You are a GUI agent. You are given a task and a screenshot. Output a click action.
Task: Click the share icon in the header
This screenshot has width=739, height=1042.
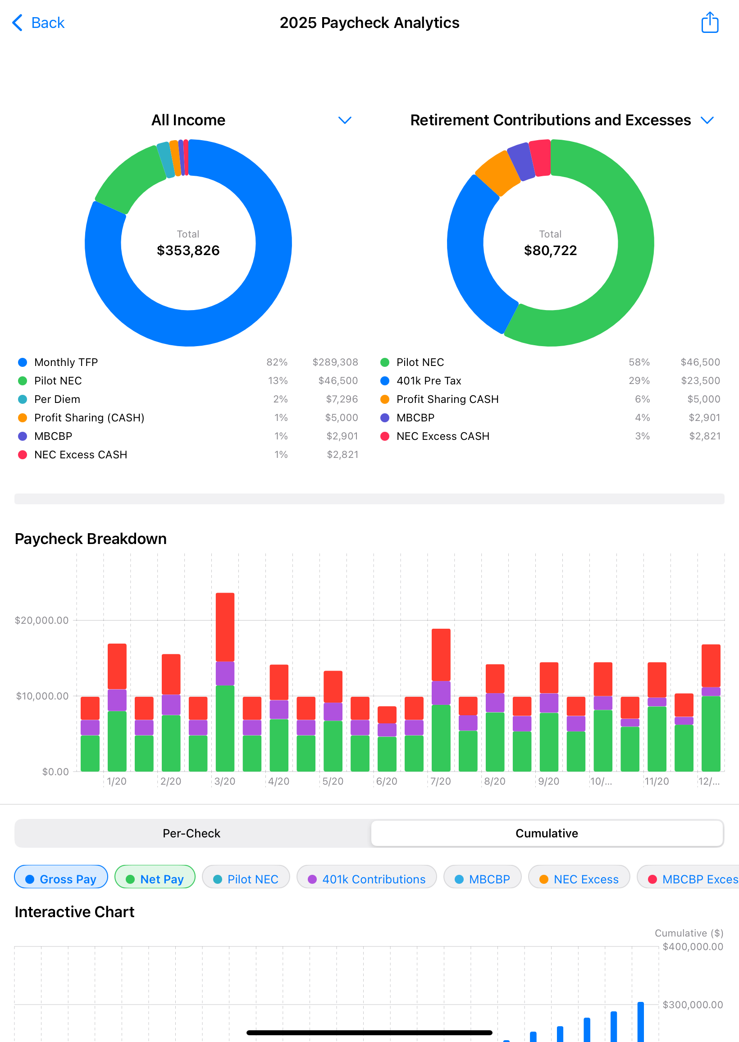(x=709, y=23)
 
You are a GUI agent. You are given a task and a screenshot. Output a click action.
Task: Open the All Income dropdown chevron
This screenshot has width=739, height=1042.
(x=345, y=120)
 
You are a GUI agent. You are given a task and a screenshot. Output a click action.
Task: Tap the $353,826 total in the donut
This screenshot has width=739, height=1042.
(x=188, y=250)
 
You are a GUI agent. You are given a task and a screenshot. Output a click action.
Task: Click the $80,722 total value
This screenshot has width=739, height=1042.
(x=550, y=250)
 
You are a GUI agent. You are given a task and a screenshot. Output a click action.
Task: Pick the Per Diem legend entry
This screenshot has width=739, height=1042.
(x=57, y=399)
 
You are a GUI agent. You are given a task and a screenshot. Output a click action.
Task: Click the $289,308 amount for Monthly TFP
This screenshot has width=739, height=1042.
(x=335, y=362)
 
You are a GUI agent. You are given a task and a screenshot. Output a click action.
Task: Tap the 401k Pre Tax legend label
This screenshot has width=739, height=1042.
(x=429, y=381)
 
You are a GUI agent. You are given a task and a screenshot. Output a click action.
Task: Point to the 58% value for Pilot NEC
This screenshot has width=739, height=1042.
(x=639, y=362)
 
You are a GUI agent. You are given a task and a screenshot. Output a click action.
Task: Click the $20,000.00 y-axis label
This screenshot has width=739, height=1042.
(x=42, y=620)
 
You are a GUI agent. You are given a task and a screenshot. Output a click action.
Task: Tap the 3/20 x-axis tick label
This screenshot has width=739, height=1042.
(x=225, y=781)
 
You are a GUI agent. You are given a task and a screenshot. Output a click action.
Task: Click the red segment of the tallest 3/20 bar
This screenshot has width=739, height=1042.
(x=225, y=627)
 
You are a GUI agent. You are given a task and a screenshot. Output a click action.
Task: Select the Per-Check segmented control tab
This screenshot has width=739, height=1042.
(x=192, y=833)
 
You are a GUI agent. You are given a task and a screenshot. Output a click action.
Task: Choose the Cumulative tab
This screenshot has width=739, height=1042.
(x=547, y=833)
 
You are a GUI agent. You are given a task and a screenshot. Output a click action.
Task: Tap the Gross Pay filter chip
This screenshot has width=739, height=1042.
(x=61, y=879)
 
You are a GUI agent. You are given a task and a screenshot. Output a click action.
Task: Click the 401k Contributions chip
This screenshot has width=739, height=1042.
(x=366, y=879)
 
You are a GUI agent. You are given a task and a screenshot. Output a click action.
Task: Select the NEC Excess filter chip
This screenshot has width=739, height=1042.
(x=579, y=879)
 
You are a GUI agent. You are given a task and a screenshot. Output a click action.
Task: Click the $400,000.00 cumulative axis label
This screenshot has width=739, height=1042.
(x=692, y=946)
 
